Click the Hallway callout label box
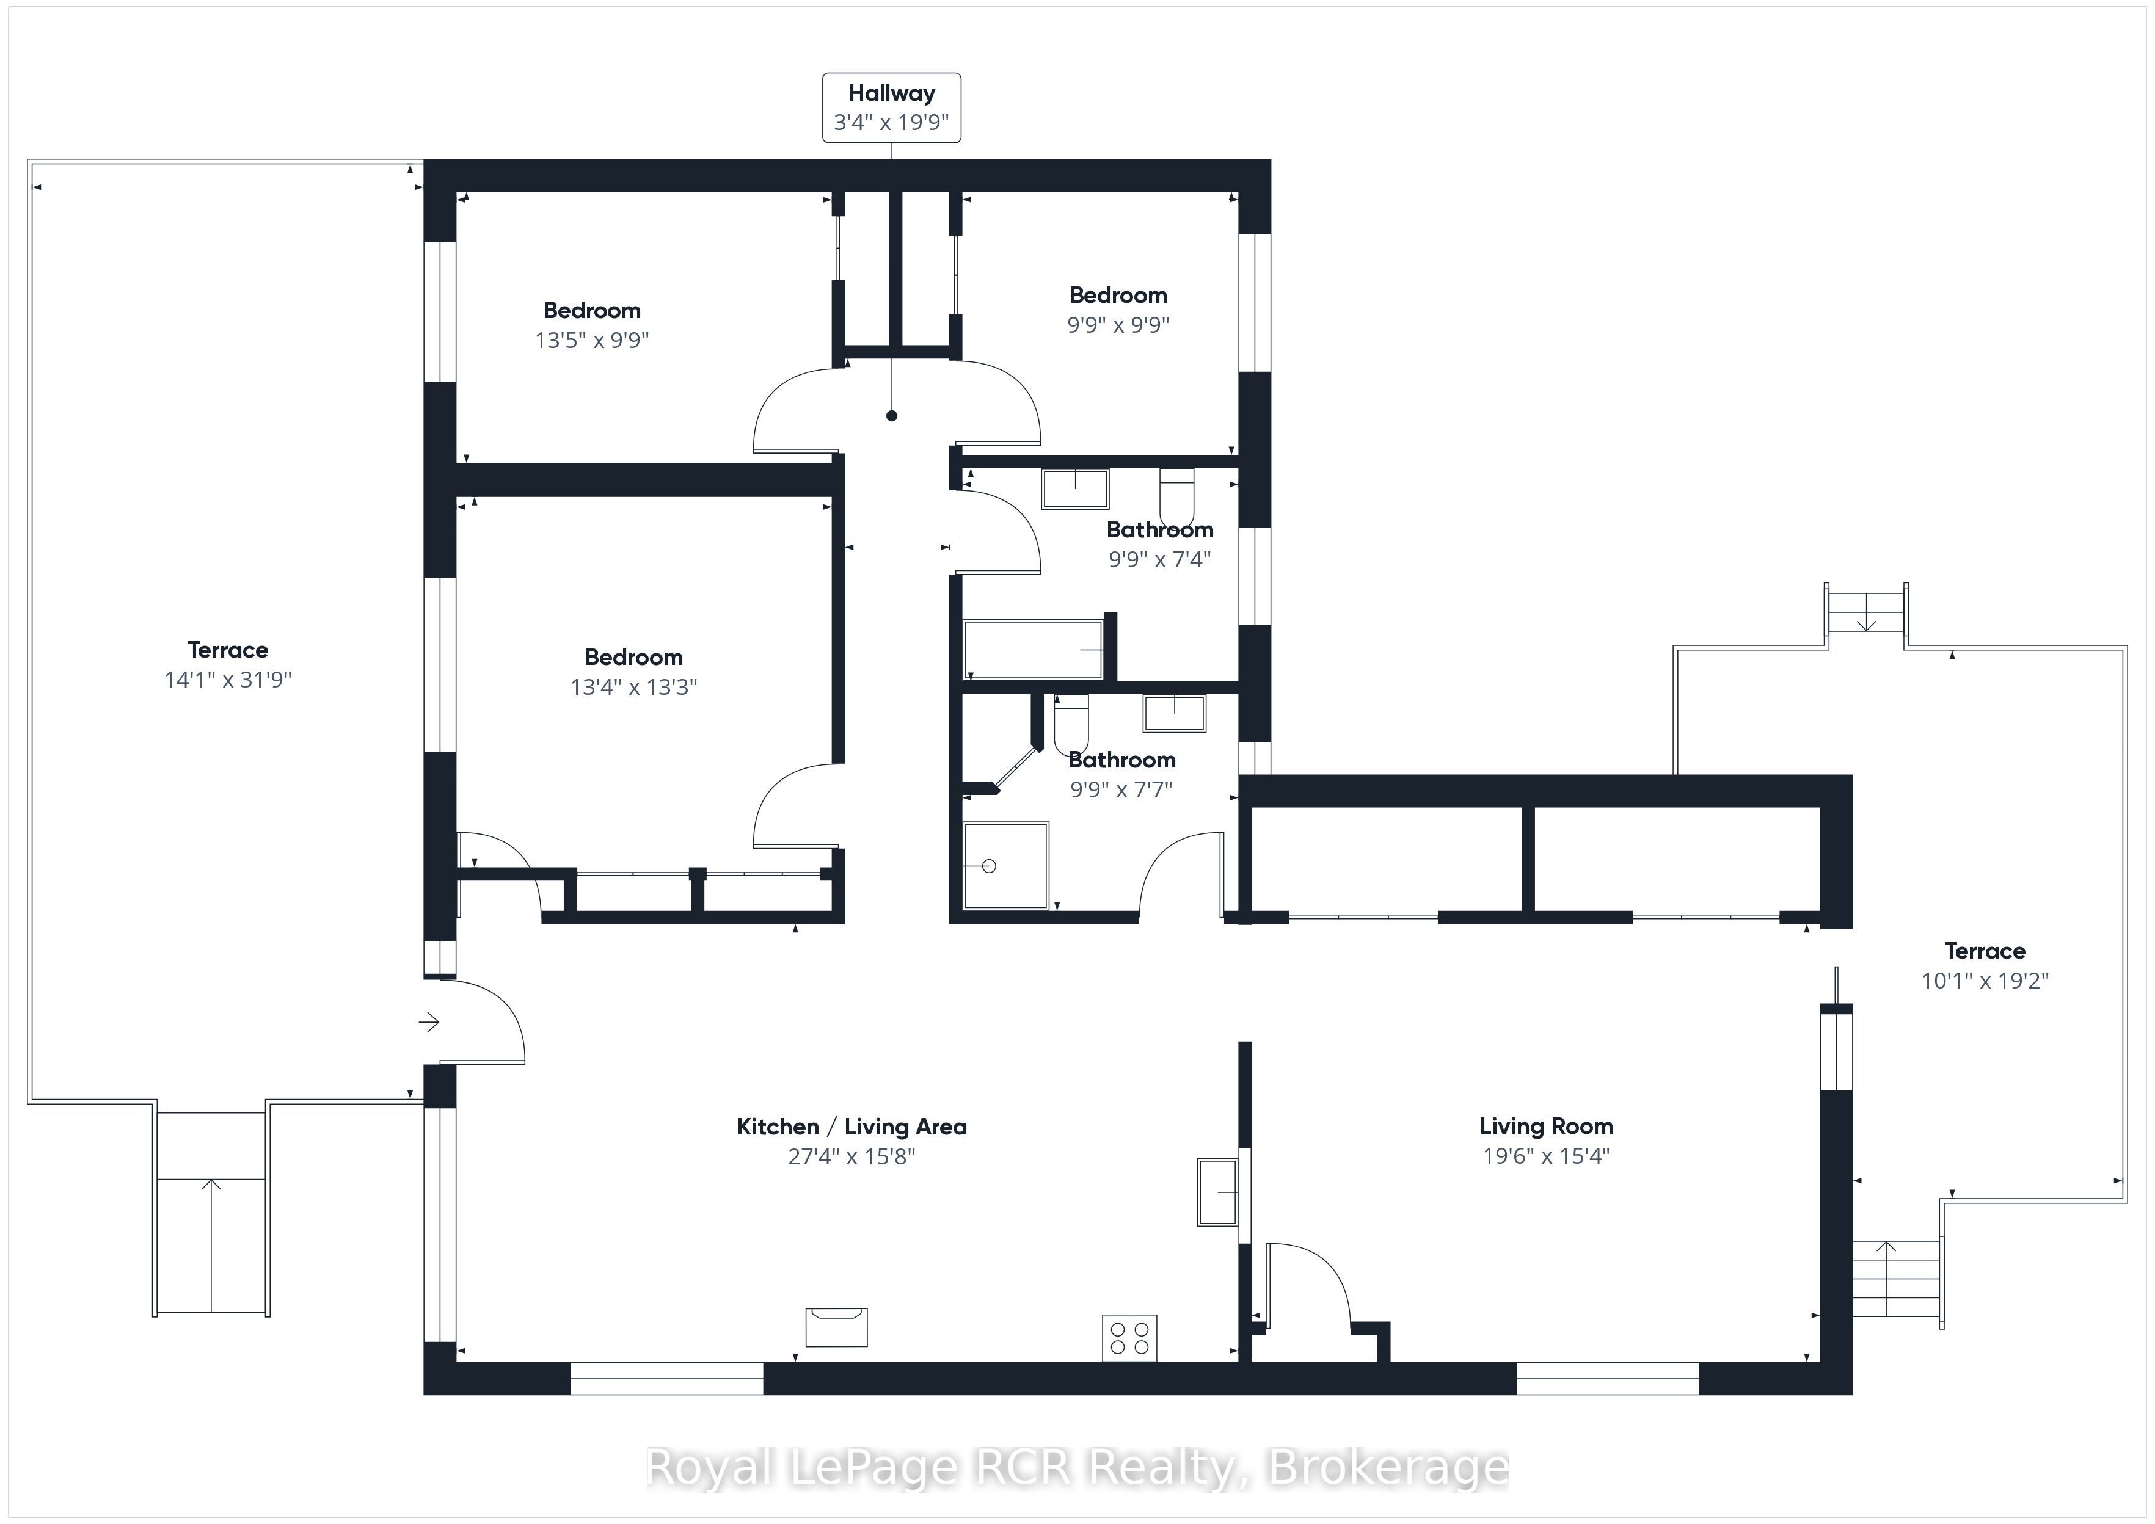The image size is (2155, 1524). (x=892, y=108)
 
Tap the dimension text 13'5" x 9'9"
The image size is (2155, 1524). (x=593, y=339)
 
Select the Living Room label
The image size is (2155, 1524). (x=1546, y=1126)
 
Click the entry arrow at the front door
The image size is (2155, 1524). (x=429, y=1022)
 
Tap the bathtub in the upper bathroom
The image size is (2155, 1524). (x=1034, y=648)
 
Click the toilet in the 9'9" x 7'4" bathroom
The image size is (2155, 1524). (x=1177, y=498)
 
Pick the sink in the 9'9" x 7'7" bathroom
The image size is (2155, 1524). (x=1174, y=713)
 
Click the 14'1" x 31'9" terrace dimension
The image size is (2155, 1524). (x=228, y=680)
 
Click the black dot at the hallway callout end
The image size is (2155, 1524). (x=892, y=416)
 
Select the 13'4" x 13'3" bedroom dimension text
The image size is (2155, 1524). (x=633, y=687)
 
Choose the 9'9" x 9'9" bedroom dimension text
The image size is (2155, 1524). (x=1118, y=325)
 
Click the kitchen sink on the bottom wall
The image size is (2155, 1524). (x=836, y=1327)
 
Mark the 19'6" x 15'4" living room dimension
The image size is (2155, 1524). (x=1546, y=1155)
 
